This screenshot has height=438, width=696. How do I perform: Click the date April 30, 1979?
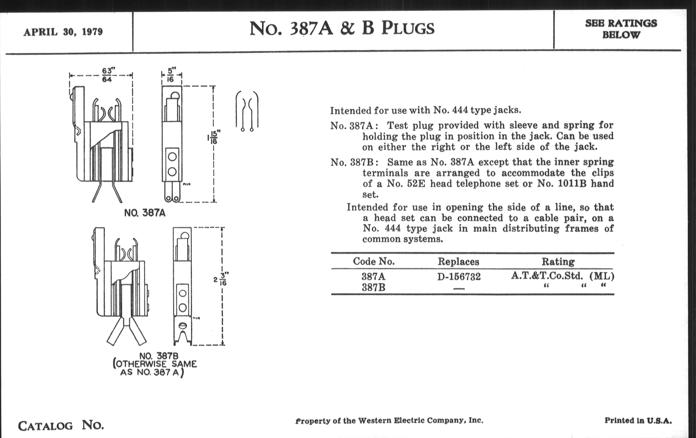point(63,31)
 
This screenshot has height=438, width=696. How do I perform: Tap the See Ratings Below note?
point(621,29)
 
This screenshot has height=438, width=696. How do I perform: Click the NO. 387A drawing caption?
point(145,213)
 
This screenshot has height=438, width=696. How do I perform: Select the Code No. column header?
point(373,261)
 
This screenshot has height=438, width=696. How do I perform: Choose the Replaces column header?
point(458,262)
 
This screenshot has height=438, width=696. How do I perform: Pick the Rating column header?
point(558,262)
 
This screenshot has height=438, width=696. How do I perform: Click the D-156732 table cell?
point(459,277)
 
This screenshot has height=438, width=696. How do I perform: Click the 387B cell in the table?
point(373,288)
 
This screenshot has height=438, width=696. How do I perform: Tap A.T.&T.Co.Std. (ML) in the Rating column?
point(562,276)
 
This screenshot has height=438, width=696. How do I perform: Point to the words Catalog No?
point(61,425)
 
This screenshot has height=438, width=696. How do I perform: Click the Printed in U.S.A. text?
point(638,420)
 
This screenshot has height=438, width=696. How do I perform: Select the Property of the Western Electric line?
point(389,421)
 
